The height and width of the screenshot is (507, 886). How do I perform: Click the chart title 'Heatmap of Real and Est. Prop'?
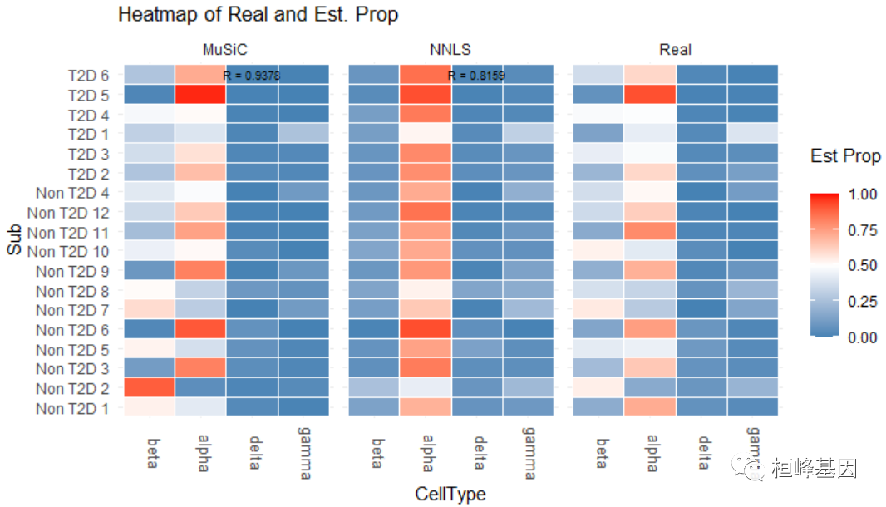click(258, 15)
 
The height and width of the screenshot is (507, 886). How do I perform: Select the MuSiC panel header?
click(225, 50)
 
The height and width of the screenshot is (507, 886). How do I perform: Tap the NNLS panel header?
click(450, 50)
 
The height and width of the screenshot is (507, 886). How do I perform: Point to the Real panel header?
click(675, 50)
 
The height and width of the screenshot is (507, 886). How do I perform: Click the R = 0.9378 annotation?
click(252, 76)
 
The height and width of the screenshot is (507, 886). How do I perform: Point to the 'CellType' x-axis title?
click(450, 494)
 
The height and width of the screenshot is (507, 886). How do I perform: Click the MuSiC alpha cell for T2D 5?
click(200, 95)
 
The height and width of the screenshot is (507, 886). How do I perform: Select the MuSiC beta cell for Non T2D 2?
click(150, 388)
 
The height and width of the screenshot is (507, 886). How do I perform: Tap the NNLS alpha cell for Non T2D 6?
click(426, 330)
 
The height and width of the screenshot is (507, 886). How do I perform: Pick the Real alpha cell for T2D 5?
click(650, 95)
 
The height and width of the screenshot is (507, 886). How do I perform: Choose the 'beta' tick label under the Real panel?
click(601, 452)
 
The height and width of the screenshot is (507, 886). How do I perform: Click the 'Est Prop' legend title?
click(845, 155)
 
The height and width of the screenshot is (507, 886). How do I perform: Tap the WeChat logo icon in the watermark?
click(755, 469)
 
